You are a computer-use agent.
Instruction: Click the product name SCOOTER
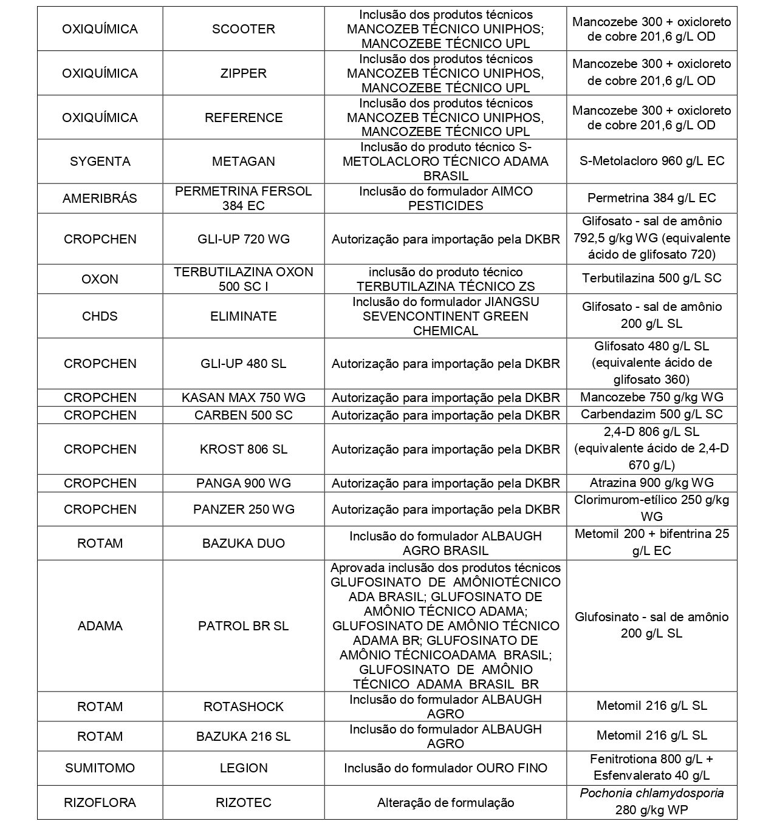point(243,29)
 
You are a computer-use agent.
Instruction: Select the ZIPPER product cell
point(243,73)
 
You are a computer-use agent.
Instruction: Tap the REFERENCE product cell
point(243,118)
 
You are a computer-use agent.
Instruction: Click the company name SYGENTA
point(100,162)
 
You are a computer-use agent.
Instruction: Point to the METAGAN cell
point(243,162)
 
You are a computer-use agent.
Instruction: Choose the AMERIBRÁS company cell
point(100,199)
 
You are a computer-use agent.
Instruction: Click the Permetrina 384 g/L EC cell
point(651,198)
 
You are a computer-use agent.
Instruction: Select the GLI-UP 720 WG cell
point(243,239)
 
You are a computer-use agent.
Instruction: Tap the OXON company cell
point(100,279)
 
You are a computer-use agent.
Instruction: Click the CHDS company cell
point(100,316)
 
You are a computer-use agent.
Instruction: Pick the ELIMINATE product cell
point(243,316)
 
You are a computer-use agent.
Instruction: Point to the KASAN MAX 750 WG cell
point(243,398)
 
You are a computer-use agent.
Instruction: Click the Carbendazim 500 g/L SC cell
point(651,415)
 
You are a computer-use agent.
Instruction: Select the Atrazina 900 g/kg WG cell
point(651,483)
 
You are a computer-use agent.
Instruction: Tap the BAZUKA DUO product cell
point(243,543)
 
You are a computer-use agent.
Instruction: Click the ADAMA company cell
point(100,626)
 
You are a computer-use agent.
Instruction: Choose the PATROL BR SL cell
point(243,626)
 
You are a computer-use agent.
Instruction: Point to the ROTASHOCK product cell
point(243,707)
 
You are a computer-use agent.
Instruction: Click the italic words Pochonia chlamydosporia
point(651,794)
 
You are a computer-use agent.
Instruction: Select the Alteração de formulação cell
point(445,803)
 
